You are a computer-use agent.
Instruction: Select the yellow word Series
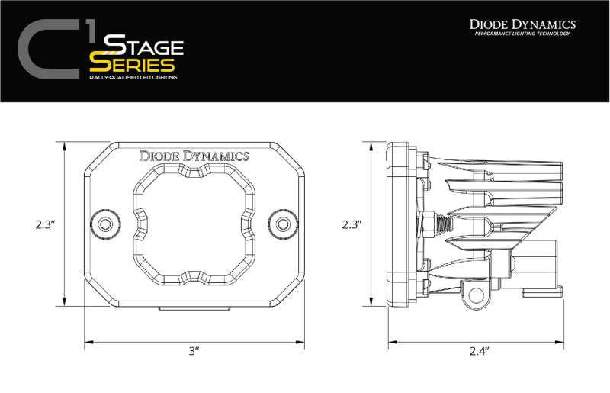pyautogui.click(x=131, y=63)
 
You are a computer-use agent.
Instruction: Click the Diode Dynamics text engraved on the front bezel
pyautogui.click(x=194, y=156)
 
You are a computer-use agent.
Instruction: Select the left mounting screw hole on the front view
pyautogui.click(x=104, y=224)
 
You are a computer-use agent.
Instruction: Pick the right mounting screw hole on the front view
pyautogui.click(x=284, y=224)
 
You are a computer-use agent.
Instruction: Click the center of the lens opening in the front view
pyautogui.click(x=194, y=223)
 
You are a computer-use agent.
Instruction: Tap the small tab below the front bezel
pyautogui.click(x=194, y=308)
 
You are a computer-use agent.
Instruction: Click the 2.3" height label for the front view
pyautogui.click(x=45, y=224)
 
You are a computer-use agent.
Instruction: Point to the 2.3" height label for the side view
pyautogui.click(x=351, y=224)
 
